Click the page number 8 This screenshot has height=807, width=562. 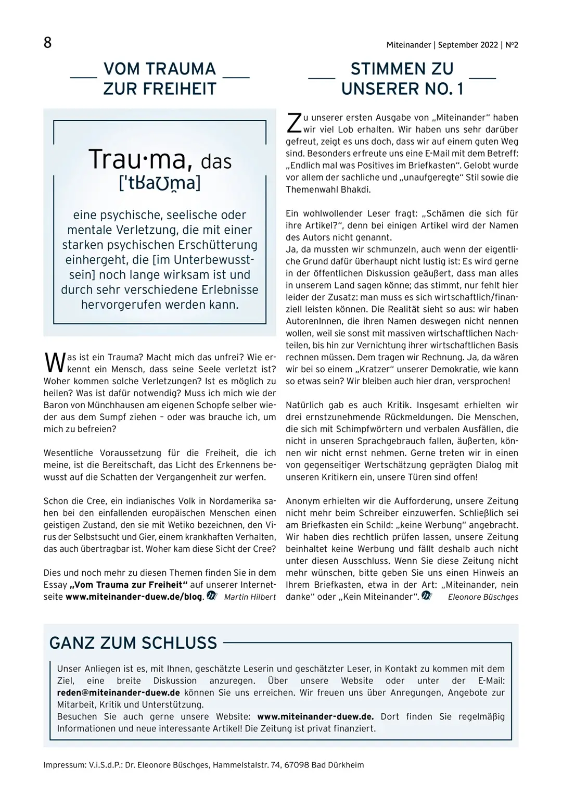(x=47, y=42)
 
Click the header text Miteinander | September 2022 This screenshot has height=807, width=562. (x=442, y=45)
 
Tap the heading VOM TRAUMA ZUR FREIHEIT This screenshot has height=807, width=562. (x=159, y=79)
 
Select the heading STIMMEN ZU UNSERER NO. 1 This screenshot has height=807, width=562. (x=402, y=79)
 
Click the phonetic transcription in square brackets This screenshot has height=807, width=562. (x=160, y=183)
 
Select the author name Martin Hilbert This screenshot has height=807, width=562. (x=250, y=597)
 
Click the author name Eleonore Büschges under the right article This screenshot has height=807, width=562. (x=483, y=597)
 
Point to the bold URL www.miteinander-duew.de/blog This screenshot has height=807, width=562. (x=133, y=597)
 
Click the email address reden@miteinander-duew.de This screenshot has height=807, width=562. (x=119, y=692)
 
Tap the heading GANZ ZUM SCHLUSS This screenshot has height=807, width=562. (x=133, y=643)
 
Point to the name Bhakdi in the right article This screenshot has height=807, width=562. (x=355, y=189)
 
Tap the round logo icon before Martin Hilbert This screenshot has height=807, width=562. (x=211, y=596)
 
